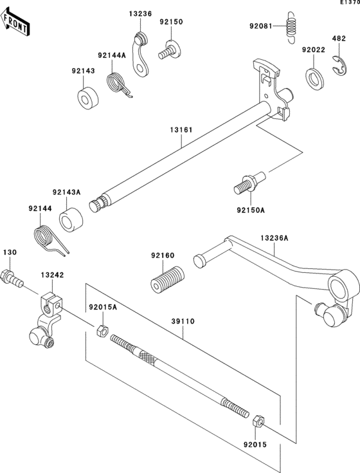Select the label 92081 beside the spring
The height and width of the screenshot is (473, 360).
tap(261, 26)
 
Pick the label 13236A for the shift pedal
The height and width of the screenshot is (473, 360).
tap(274, 237)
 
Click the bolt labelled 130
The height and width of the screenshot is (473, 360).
tap(12, 279)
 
